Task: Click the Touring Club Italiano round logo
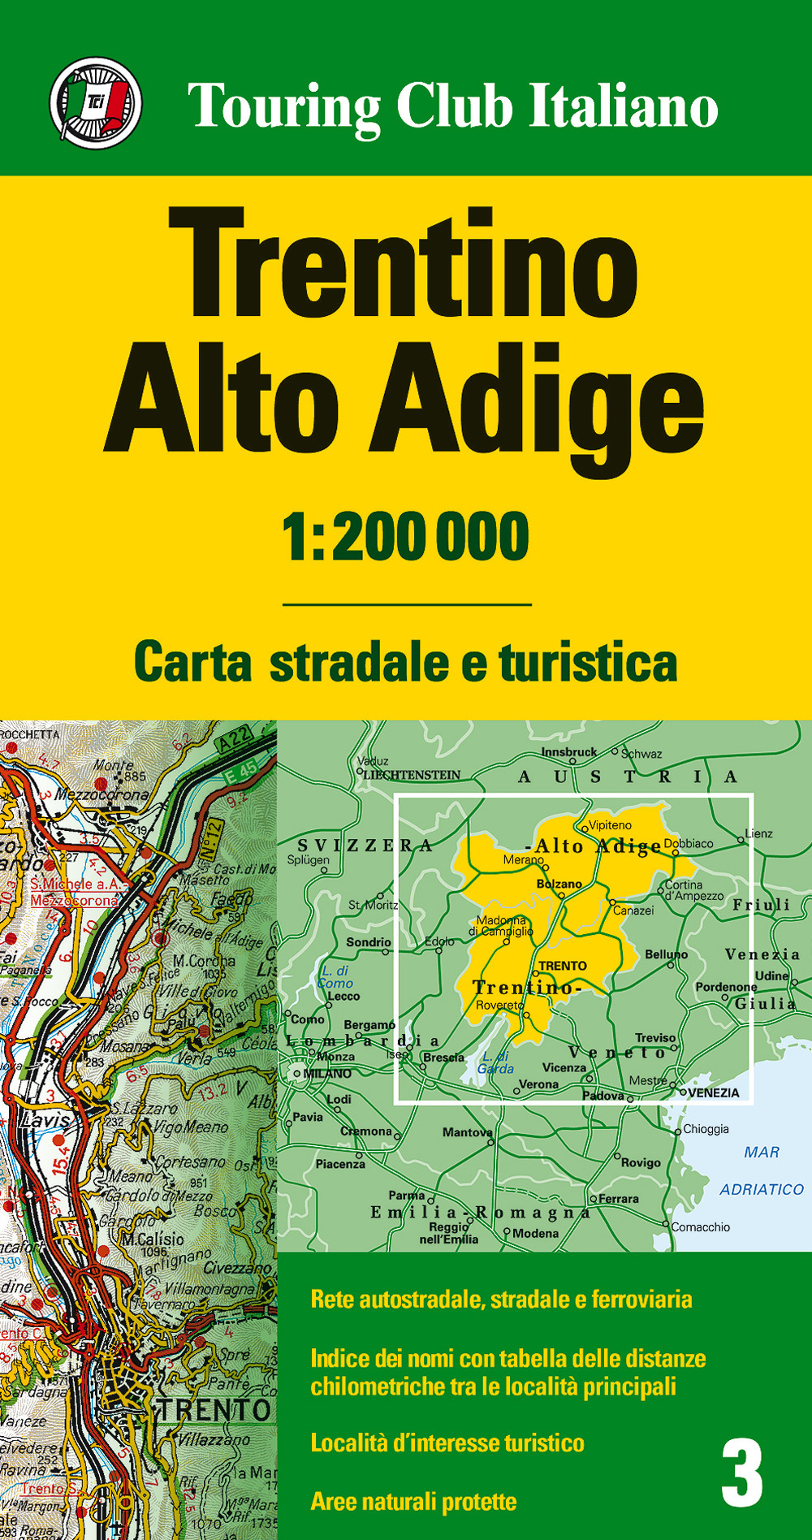tap(96, 103)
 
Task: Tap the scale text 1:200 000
tap(406, 537)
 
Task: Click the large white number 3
tap(742, 1473)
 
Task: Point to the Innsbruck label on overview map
tap(568, 752)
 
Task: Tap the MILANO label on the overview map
tap(326, 1073)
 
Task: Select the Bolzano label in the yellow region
tap(559, 884)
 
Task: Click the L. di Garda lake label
tap(495, 1062)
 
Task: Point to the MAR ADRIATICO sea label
tap(762, 1170)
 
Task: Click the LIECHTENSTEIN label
tap(412, 775)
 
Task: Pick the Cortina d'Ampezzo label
tap(693, 890)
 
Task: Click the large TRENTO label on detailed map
tap(213, 1410)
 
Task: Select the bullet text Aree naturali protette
tap(413, 1501)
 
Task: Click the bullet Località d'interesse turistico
tap(447, 1443)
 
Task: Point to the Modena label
tap(535, 1233)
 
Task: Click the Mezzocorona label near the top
tap(102, 794)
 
